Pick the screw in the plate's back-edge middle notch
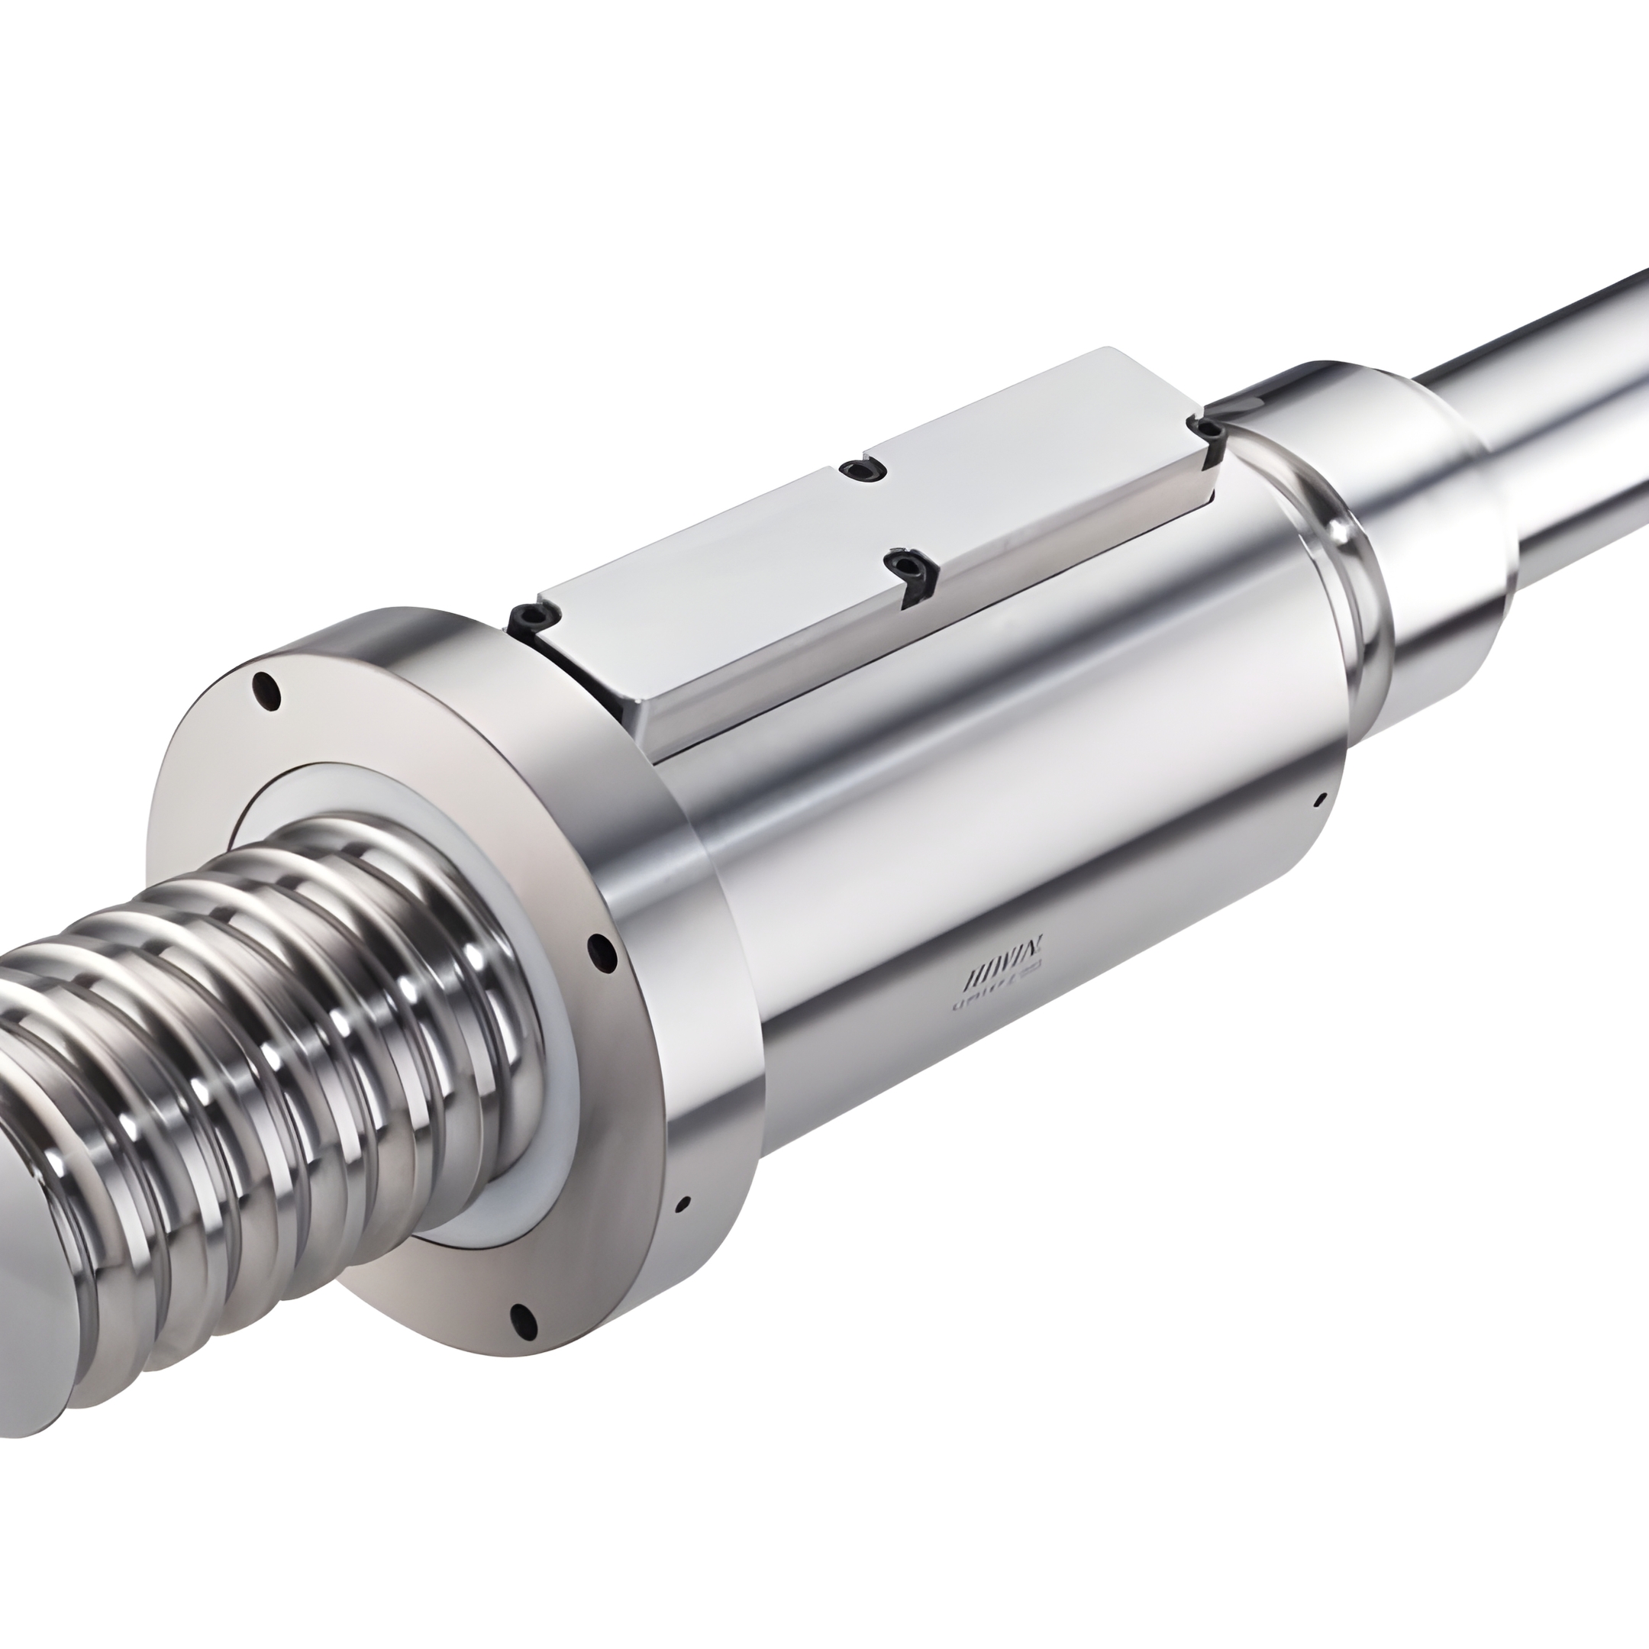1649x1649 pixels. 860,470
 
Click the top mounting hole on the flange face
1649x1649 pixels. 268,689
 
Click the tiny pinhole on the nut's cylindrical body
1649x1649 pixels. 1321,801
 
